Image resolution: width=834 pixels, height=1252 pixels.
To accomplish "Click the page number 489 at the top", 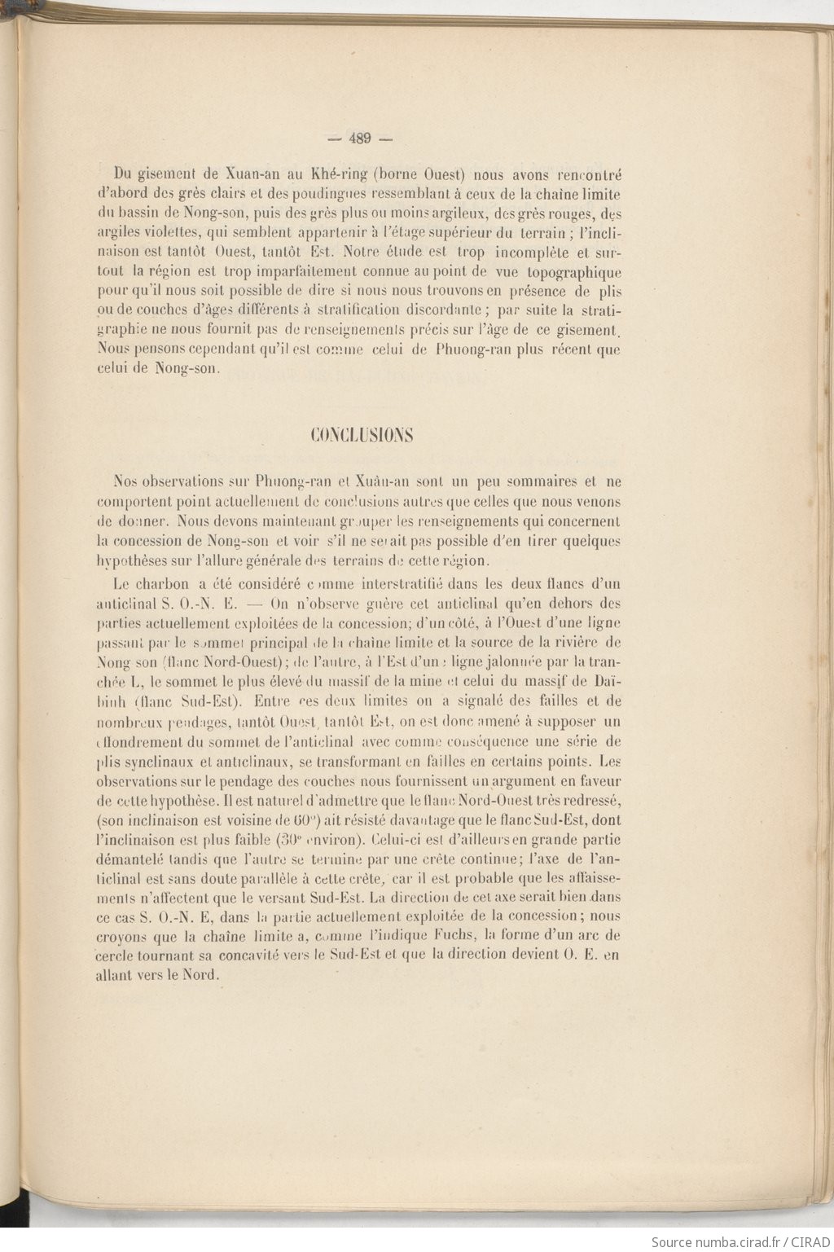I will pos(359,138).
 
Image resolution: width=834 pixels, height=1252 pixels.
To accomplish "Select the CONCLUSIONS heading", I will pos(362,435).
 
